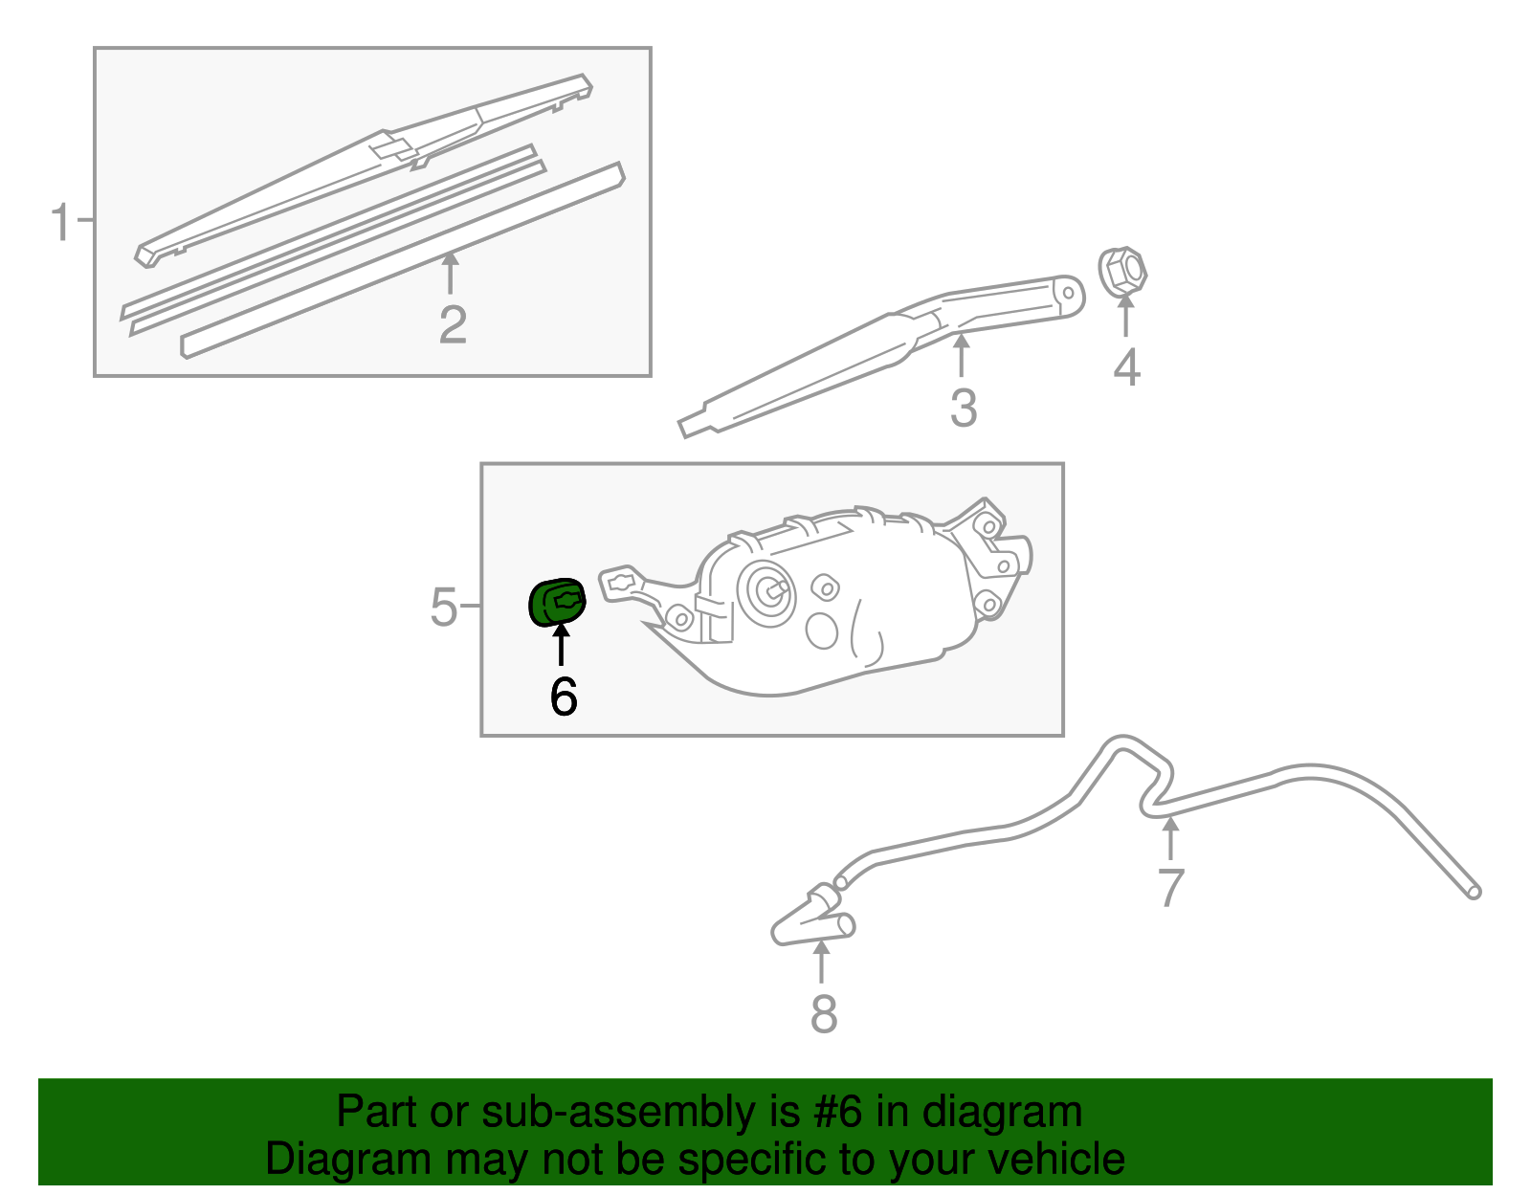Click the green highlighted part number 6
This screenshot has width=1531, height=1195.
click(557, 602)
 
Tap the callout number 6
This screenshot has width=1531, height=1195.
click(564, 697)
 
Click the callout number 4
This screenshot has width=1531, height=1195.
click(1126, 367)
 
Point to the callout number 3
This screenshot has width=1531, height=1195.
click(963, 409)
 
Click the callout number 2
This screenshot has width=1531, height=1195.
click(453, 325)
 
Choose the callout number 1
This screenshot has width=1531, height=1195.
click(60, 222)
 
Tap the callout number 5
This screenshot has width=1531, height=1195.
click(443, 607)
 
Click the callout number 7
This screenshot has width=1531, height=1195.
click(1170, 888)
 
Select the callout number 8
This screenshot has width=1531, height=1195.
click(823, 1014)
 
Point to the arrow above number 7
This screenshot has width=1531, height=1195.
click(1169, 839)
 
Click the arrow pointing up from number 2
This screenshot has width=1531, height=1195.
click(450, 273)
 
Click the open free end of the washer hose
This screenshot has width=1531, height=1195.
click(1474, 892)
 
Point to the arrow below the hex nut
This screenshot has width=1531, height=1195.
click(1126, 316)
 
